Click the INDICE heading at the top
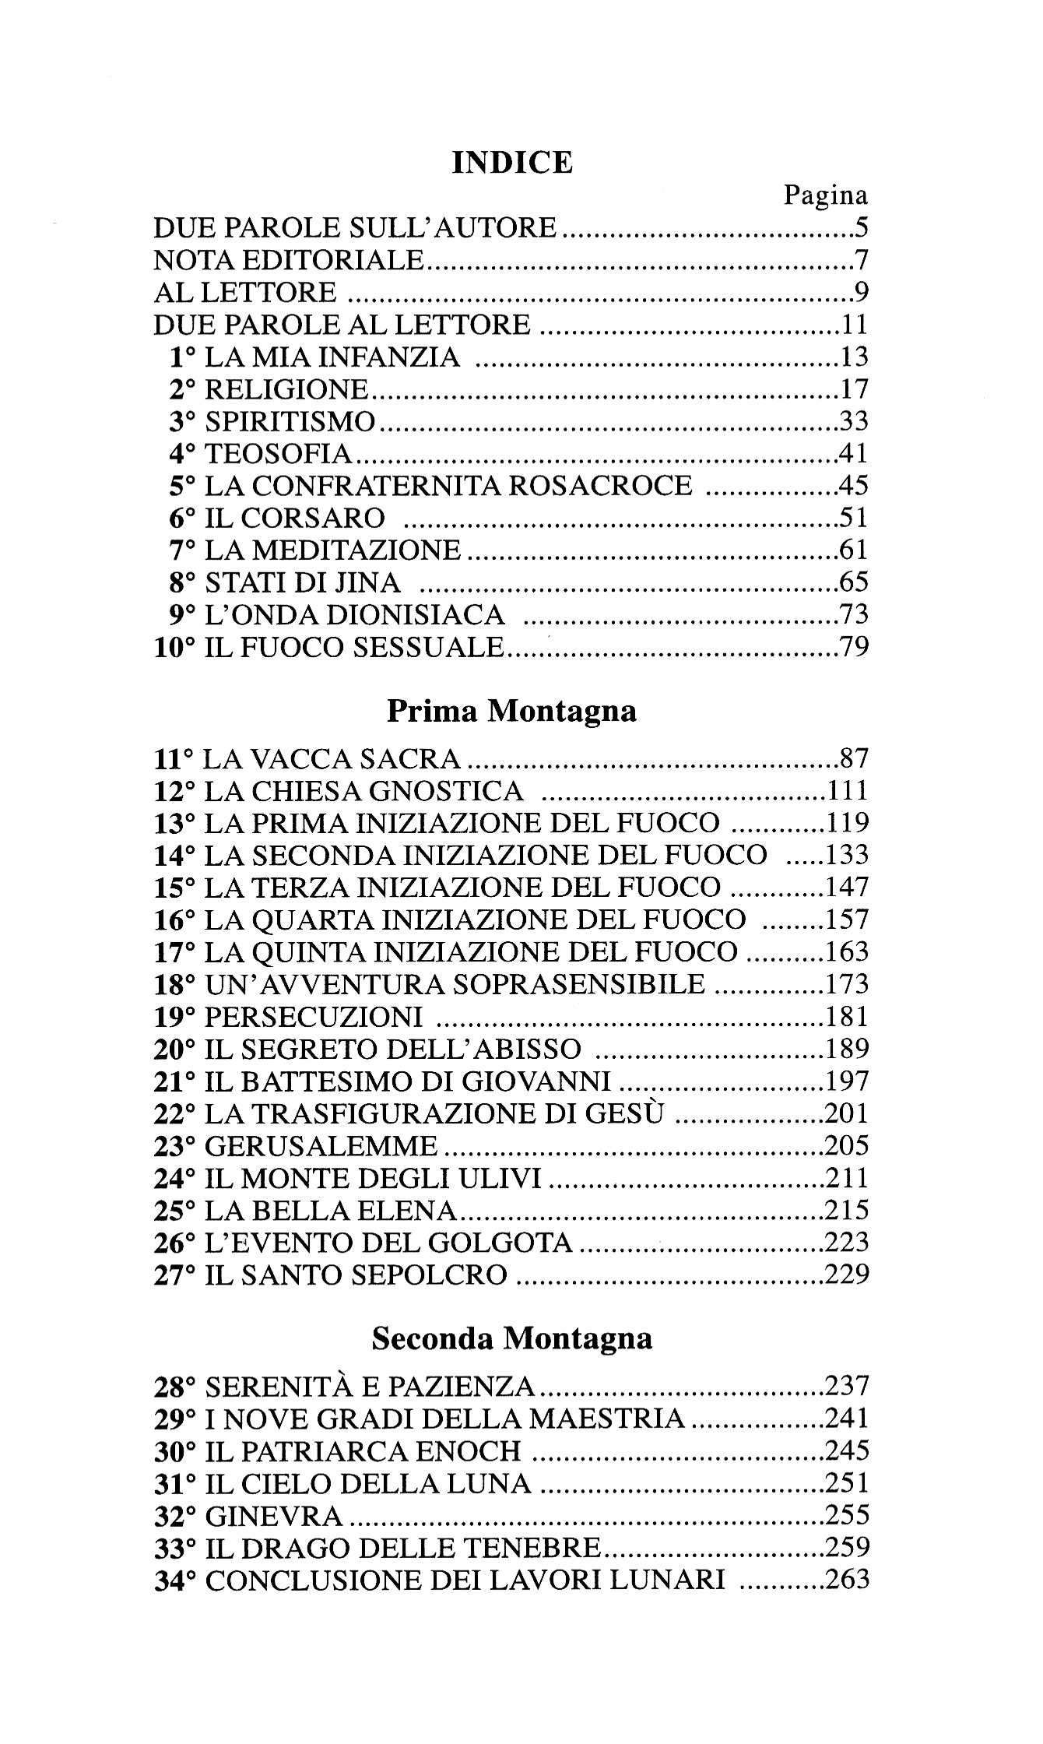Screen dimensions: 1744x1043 point(512,162)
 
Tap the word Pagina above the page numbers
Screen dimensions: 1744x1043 point(825,195)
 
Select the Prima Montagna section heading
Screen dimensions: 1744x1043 point(511,711)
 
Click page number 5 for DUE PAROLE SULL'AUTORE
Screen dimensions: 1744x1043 point(860,228)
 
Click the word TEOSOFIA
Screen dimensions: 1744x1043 point(279,454)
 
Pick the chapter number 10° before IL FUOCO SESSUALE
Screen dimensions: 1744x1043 point(175,647)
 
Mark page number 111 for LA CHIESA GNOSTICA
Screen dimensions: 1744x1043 point(846,791)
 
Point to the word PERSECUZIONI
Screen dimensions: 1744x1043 point(314,1017)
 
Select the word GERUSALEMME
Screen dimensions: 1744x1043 point(321,1146)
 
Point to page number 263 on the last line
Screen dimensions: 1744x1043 point(846,1580)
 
